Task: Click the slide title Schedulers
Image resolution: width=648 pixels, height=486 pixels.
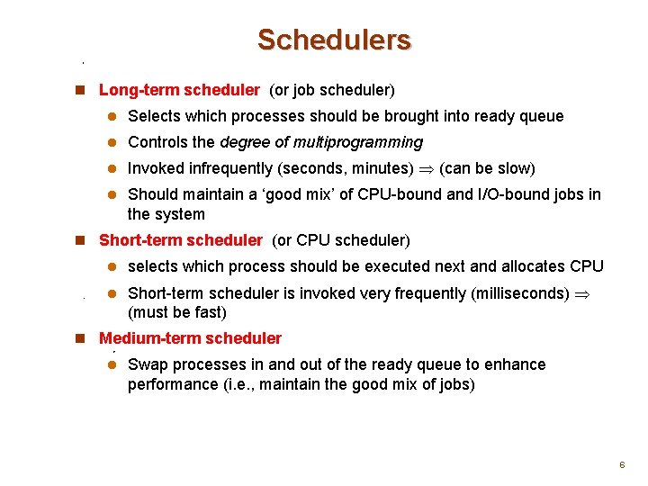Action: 334,40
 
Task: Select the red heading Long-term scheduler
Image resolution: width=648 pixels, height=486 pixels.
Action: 179,90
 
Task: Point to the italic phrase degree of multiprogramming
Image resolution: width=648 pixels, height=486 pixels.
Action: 321,142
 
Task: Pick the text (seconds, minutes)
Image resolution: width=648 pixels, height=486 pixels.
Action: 346,168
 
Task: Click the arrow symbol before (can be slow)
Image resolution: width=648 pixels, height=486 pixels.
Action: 426,169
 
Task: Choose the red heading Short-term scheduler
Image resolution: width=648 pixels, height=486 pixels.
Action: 180,240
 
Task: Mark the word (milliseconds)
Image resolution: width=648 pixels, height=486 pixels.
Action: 515,293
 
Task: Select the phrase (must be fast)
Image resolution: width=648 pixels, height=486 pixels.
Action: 177,312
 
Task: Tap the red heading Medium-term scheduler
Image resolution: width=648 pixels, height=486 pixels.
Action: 190,338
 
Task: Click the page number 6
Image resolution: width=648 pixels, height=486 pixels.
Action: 621,464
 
